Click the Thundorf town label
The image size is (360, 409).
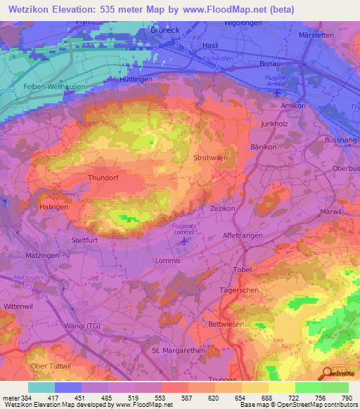104,178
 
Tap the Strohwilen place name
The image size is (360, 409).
210,158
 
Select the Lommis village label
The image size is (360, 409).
167,261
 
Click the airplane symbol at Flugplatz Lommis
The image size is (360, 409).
185,242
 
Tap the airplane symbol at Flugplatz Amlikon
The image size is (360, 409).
278,91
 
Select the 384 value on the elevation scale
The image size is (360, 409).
24,397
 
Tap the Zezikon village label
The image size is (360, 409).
221,209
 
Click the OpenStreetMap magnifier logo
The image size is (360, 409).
326,372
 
